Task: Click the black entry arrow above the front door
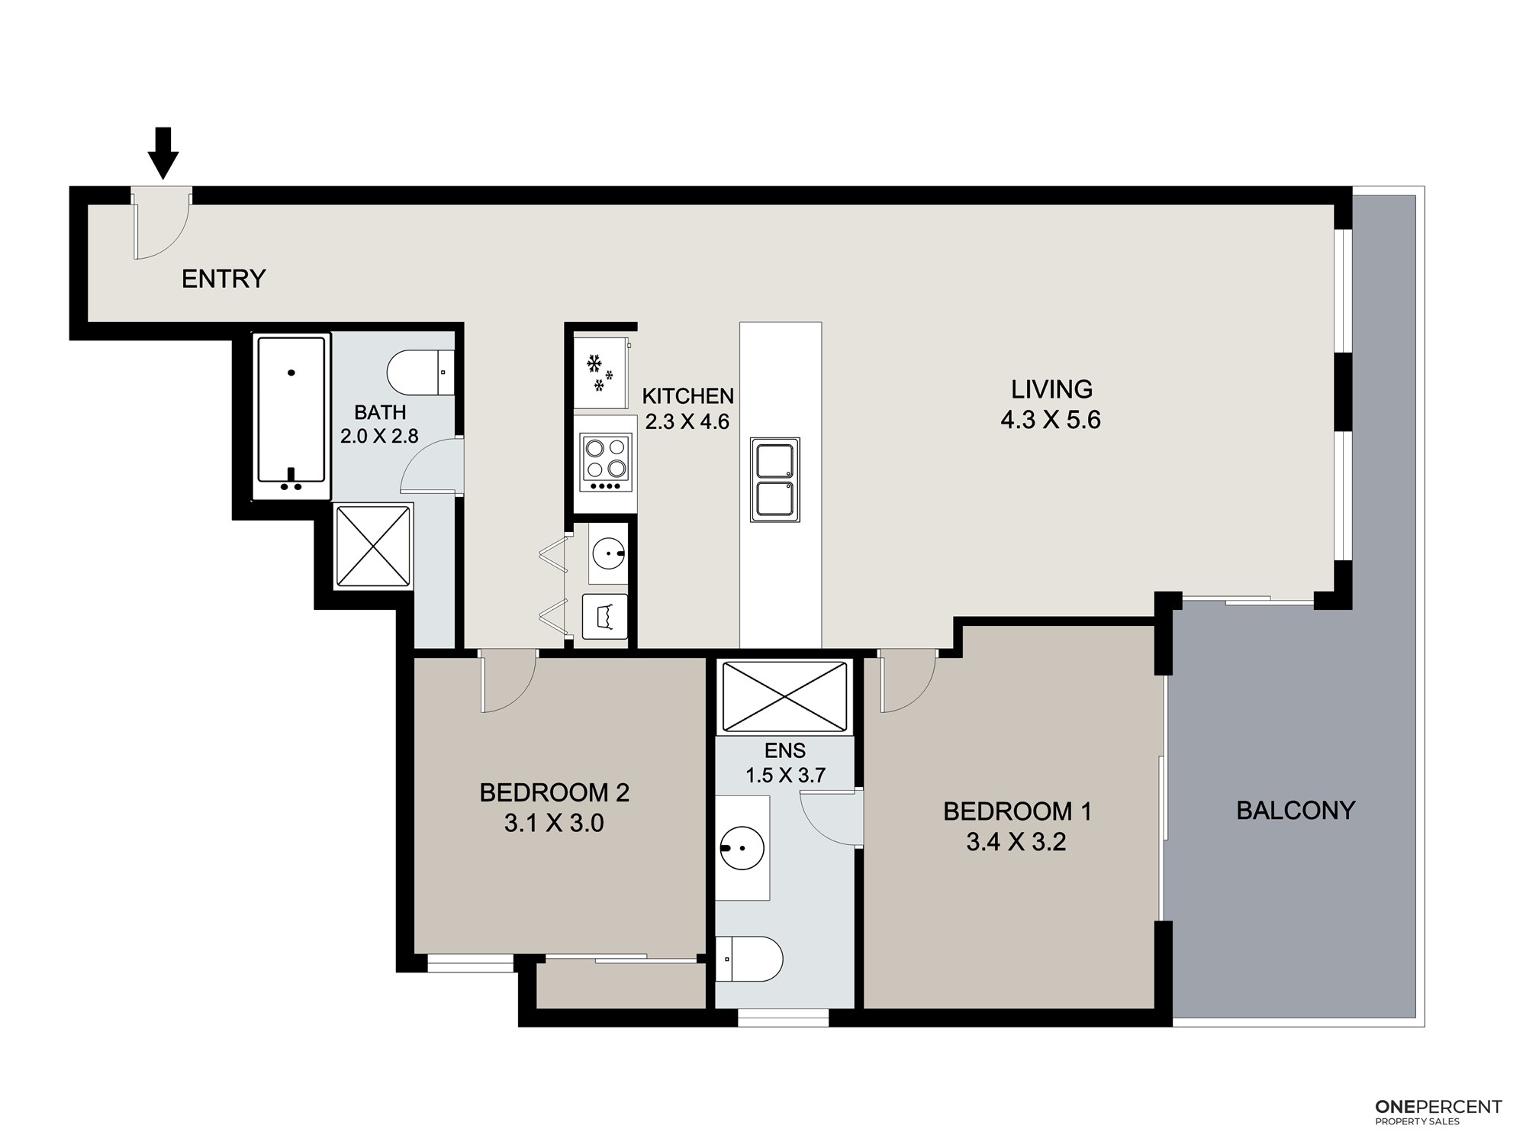tap(163, 153)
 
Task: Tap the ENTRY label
tap(224, 279)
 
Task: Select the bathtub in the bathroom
tap(291, 417)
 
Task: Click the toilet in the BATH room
tap(420, 373)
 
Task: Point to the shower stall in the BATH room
tap(374, 545)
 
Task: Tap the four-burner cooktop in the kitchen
tap(607, 463)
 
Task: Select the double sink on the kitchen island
tap(775, 479)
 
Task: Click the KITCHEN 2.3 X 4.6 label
tap(688, 408)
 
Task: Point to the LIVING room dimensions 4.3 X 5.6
tap(1051, 420)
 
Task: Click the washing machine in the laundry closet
tap(605, 616)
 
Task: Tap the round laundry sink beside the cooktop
tap(609, 551)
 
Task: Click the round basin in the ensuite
tap(742, 847)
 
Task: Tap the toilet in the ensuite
tap(749, 959)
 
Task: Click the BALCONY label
tap(1296, 811)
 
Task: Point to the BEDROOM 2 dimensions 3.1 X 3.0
tap(555, 823)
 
